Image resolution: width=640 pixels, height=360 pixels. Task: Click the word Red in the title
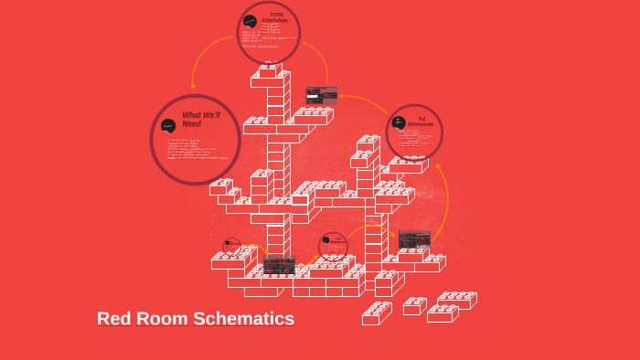click(x=114, y=319)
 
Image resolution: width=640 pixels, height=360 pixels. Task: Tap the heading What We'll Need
click(x=200, y=119)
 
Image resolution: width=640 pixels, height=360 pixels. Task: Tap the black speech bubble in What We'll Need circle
click(x=168, y=125)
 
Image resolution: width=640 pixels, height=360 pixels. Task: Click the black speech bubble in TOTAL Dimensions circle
click(x=250, y=21)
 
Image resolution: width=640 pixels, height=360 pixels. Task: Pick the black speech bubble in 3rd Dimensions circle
click(x=399, y=122)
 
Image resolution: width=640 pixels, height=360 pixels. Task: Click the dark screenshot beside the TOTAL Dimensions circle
click(x=321, y=95)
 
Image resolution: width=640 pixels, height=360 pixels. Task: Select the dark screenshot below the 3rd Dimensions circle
click(x=414, y=239)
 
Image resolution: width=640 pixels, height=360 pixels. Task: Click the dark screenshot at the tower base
click(x=279, y=265)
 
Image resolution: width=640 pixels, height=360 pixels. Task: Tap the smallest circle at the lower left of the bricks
click(x=232, y=246)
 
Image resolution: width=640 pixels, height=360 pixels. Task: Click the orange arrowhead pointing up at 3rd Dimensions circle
click(x=437, y=167)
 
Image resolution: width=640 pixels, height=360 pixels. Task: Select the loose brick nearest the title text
click(x=376, y=313)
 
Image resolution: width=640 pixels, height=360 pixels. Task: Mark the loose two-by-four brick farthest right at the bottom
click(x=456, y=300)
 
